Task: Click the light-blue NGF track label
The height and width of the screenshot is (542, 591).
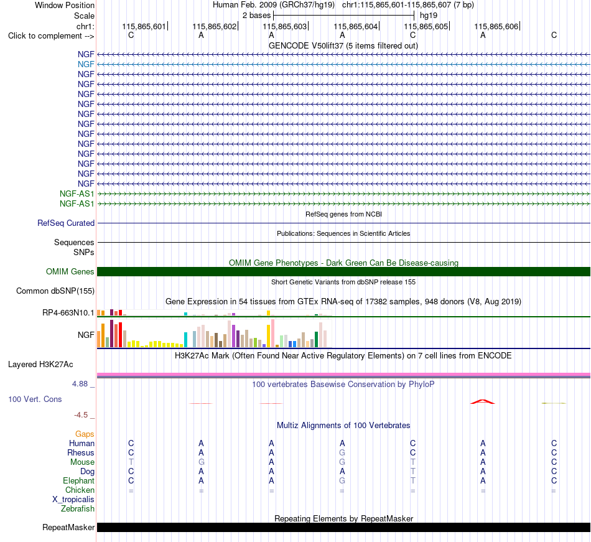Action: pos(86,65)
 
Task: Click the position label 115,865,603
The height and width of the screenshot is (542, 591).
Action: pos(284,26)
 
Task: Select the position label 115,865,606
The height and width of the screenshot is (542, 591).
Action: pos(496,26)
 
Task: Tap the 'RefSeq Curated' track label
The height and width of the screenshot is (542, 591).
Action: pos(66,223)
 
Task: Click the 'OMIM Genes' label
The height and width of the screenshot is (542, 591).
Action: pos(70,271)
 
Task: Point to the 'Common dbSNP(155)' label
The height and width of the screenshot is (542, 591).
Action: pos(55,291)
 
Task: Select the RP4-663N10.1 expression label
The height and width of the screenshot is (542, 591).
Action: pos(68,313)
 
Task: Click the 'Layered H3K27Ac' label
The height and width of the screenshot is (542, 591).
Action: pos(40,365)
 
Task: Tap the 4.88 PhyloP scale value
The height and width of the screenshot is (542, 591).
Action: pos(80,384)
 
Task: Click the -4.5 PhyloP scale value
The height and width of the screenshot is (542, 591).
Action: pos(81,415)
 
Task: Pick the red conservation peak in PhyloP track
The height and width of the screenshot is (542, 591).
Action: pos(483,402)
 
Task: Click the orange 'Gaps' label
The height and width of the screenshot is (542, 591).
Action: pos(85,434)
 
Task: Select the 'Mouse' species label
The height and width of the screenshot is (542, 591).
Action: pos(82,462)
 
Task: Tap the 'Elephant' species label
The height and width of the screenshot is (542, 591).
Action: pos(79,480)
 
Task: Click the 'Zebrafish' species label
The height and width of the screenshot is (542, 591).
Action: pos(78,509)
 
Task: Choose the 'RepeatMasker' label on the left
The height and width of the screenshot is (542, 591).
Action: pos(68,527)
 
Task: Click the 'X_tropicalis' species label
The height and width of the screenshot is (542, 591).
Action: pos(73,500)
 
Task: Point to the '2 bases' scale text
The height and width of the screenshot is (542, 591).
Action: pos(257,16)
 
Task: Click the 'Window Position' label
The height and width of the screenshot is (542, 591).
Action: pos(65,5)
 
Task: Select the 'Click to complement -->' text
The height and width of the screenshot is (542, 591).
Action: pos(51,36)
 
